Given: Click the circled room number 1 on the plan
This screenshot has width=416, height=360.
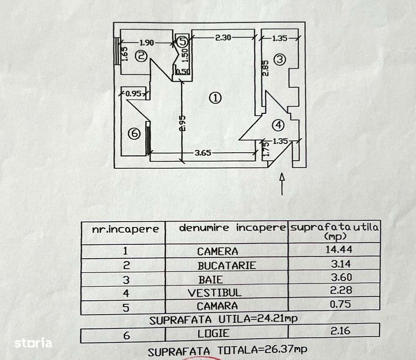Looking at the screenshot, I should (x=215, y=98).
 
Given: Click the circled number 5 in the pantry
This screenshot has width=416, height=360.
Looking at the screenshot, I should (x=182, y=41).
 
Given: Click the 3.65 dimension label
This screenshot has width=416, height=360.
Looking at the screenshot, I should (x=203, y=153).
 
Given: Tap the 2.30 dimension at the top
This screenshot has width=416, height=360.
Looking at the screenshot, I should (x=223, y=37).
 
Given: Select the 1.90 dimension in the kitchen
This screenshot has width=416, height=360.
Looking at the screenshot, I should (x=147, y=42).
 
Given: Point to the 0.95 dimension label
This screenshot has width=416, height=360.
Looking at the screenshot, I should (x=133, y=93).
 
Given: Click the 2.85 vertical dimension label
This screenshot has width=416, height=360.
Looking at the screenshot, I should (x=265, y=67).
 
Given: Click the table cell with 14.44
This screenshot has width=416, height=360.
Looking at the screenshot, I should (x=339, y=249).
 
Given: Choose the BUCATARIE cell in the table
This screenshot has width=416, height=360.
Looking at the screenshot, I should (x=226, y=265).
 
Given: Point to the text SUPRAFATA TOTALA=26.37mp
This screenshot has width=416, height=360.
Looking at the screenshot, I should (x=227, y=349).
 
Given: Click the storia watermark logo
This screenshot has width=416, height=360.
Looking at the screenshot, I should (x=33, y=343).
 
